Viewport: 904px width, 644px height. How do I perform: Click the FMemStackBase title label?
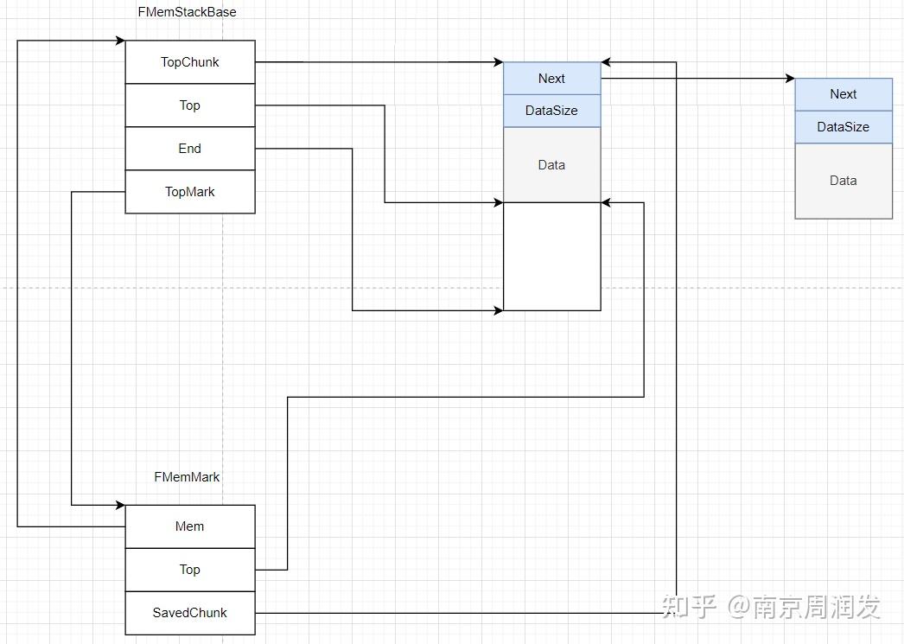click(187, 12)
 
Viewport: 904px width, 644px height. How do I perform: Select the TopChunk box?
click(190, 62)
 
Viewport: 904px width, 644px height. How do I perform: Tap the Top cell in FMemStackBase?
click(190, 105)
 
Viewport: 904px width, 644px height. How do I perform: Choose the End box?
click(190, 149)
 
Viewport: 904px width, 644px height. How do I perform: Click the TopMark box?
click(190, 192)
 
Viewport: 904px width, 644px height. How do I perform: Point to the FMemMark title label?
click(187, 477)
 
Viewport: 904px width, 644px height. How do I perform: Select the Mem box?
click(190, 526)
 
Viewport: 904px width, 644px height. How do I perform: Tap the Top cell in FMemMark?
click(190, 570)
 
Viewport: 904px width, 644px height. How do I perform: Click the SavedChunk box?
click(190, 613)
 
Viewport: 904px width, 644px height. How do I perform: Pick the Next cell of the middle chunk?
click(551, 79)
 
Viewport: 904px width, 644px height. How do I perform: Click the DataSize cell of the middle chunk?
click(551, 111)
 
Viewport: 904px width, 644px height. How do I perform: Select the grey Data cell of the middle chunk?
click(551, 165)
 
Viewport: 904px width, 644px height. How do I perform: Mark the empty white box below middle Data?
click(551, 256)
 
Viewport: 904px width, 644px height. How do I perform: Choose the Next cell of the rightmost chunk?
click(844, 94)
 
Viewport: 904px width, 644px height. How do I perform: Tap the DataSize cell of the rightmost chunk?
click(844, 127)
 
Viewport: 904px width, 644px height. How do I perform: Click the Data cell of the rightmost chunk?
click(844, 181)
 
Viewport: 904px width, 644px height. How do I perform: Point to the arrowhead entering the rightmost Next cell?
click(789, 79)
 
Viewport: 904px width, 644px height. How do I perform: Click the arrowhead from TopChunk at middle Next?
click(498, 62)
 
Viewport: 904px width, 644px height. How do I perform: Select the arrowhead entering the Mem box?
click(119, 505)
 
